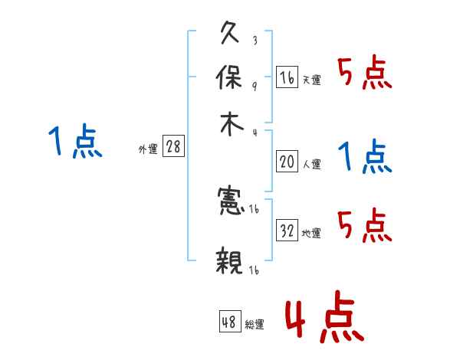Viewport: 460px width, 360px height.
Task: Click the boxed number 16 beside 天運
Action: pos(287,77)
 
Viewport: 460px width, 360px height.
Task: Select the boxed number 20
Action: pos(287,162)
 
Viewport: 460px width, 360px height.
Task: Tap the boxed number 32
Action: pos(287,230)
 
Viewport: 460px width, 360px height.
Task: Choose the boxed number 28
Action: pos(173,147)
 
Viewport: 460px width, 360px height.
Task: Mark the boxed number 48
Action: pos(229,322)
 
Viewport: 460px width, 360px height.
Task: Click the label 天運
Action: pos(311,80)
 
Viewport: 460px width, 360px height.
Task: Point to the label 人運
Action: pos(311,164)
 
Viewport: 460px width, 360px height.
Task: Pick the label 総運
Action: pos(255,325)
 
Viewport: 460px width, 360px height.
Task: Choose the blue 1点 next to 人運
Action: pos(364,157)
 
